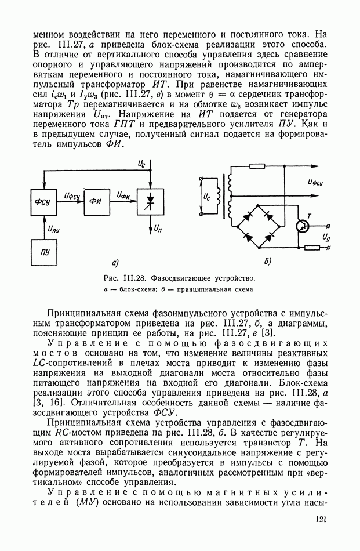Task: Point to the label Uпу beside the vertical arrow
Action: click(x=54, y=229)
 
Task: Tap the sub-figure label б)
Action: click(x=267, y=262)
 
